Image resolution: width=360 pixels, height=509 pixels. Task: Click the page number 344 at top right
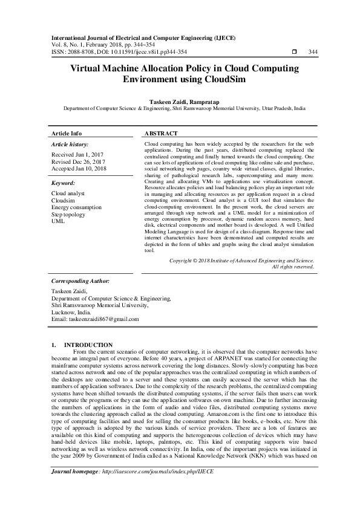click(313, 52)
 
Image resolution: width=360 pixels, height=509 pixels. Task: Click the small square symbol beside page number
click(293, 52)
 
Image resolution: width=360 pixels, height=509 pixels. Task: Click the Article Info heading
click(67, 133)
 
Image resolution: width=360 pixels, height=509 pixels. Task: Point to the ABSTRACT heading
click(162, 133)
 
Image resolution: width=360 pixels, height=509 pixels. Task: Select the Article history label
click(70, 145)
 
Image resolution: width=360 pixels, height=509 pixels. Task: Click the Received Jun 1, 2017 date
click(78, 155)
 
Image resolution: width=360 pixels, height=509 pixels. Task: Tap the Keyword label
click(63, 182)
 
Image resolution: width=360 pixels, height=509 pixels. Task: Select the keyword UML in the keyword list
click(58, 221)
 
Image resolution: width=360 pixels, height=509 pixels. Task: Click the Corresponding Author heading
click(80, 281)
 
